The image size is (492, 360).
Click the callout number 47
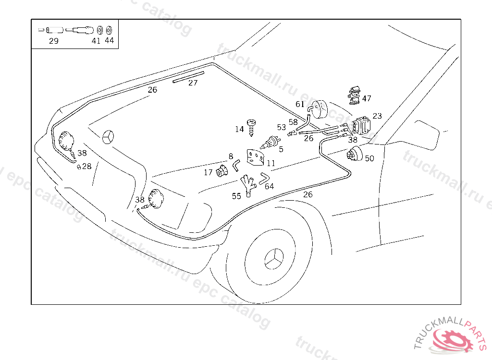367,98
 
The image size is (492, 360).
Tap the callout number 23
377,116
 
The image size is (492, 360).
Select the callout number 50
369,158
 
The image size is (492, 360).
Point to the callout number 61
300,104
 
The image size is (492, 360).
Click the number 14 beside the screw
239,129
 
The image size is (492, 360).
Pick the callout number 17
208,172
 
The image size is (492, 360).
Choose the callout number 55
236,196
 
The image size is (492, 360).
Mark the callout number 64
270,186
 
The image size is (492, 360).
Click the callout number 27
193,83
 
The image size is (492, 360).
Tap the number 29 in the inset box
53,41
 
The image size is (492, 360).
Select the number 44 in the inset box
110,40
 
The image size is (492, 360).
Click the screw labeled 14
251,126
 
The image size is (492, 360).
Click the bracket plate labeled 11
255,156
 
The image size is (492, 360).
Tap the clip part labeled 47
354,95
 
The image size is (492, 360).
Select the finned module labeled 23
362,126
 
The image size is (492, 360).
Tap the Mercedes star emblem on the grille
109,137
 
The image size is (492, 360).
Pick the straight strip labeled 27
188,77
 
